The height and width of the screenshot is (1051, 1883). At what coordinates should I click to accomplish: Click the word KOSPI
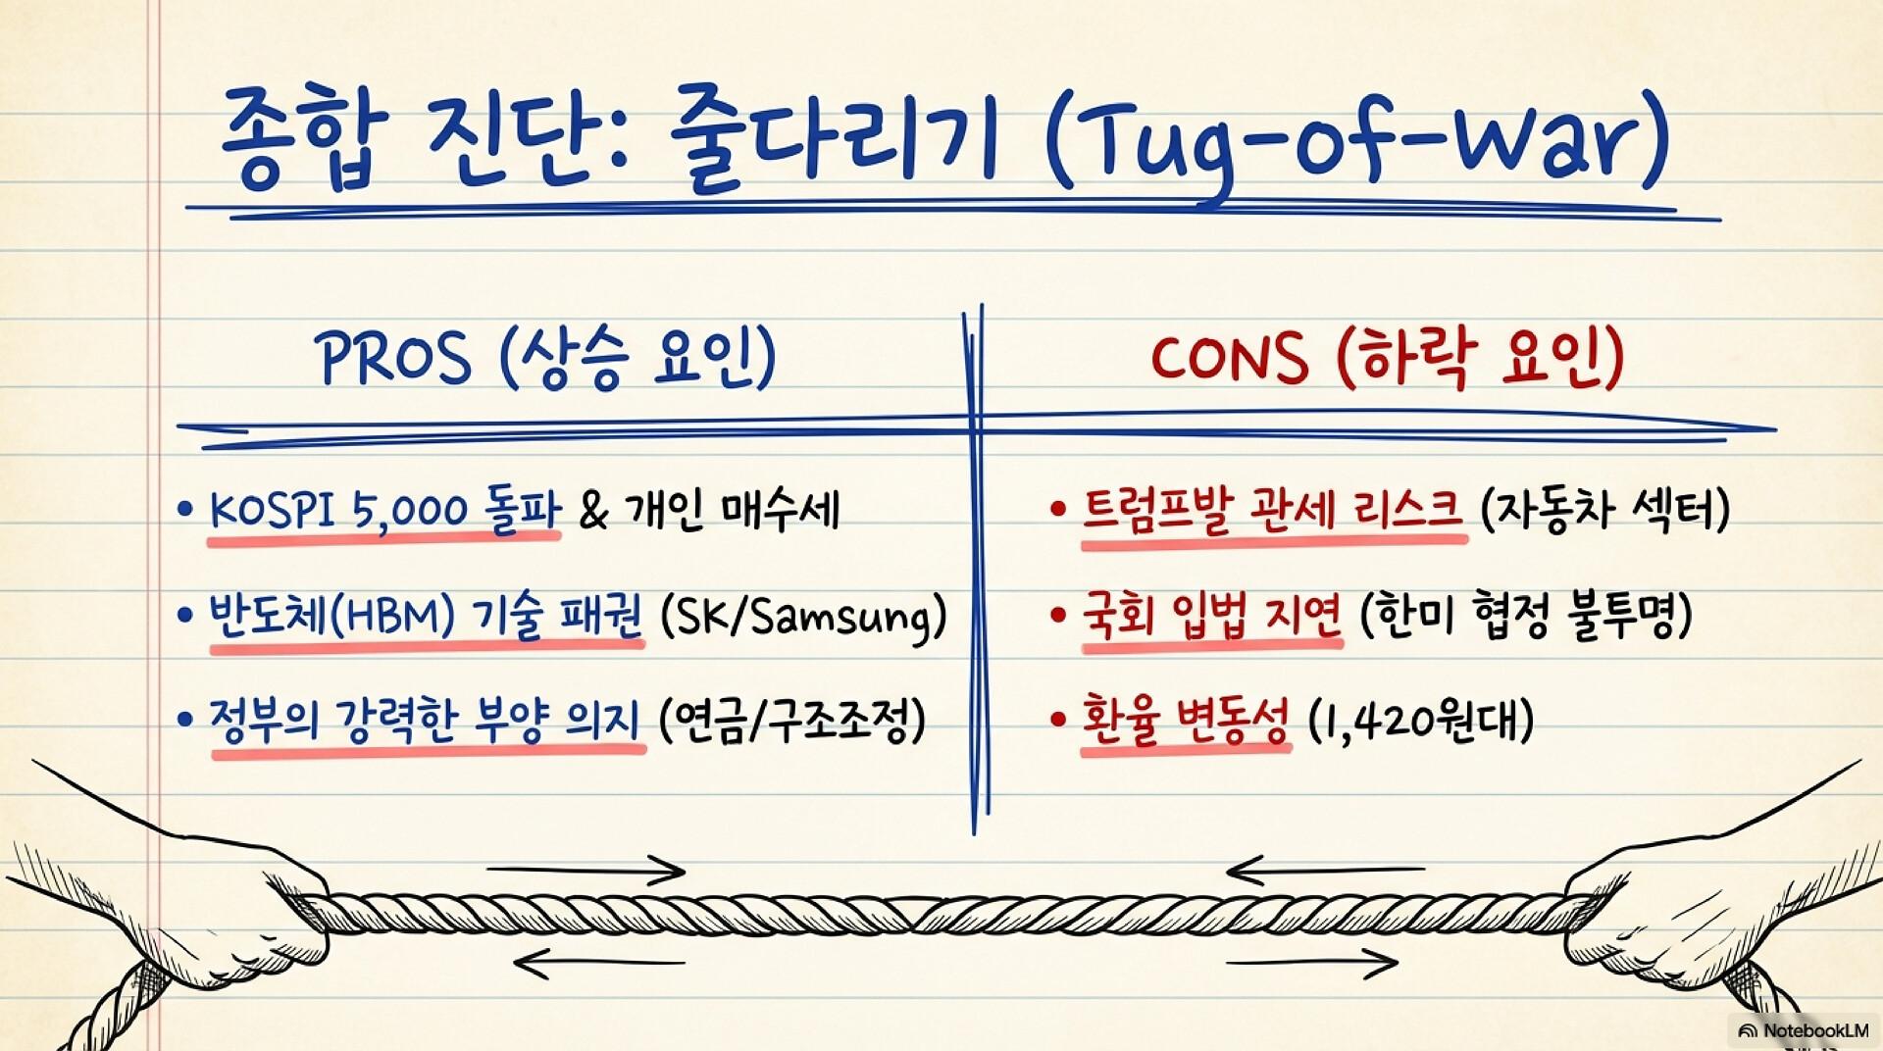272,510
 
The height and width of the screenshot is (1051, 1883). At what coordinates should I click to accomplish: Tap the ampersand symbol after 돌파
593,511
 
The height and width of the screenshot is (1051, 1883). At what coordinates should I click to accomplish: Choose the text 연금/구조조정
792,721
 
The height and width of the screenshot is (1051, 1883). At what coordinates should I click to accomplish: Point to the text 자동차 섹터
1604,510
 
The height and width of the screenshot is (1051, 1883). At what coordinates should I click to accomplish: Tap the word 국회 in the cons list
1117,617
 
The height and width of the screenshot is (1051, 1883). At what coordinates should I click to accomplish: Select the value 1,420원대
1421,721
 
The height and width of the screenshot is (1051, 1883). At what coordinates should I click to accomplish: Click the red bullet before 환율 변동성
1057,720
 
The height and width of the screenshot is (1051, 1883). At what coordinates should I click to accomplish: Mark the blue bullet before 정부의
184,720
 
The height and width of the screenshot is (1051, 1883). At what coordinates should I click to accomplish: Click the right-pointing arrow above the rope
585,870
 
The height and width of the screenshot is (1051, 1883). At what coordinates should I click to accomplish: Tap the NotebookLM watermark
1803,1030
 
